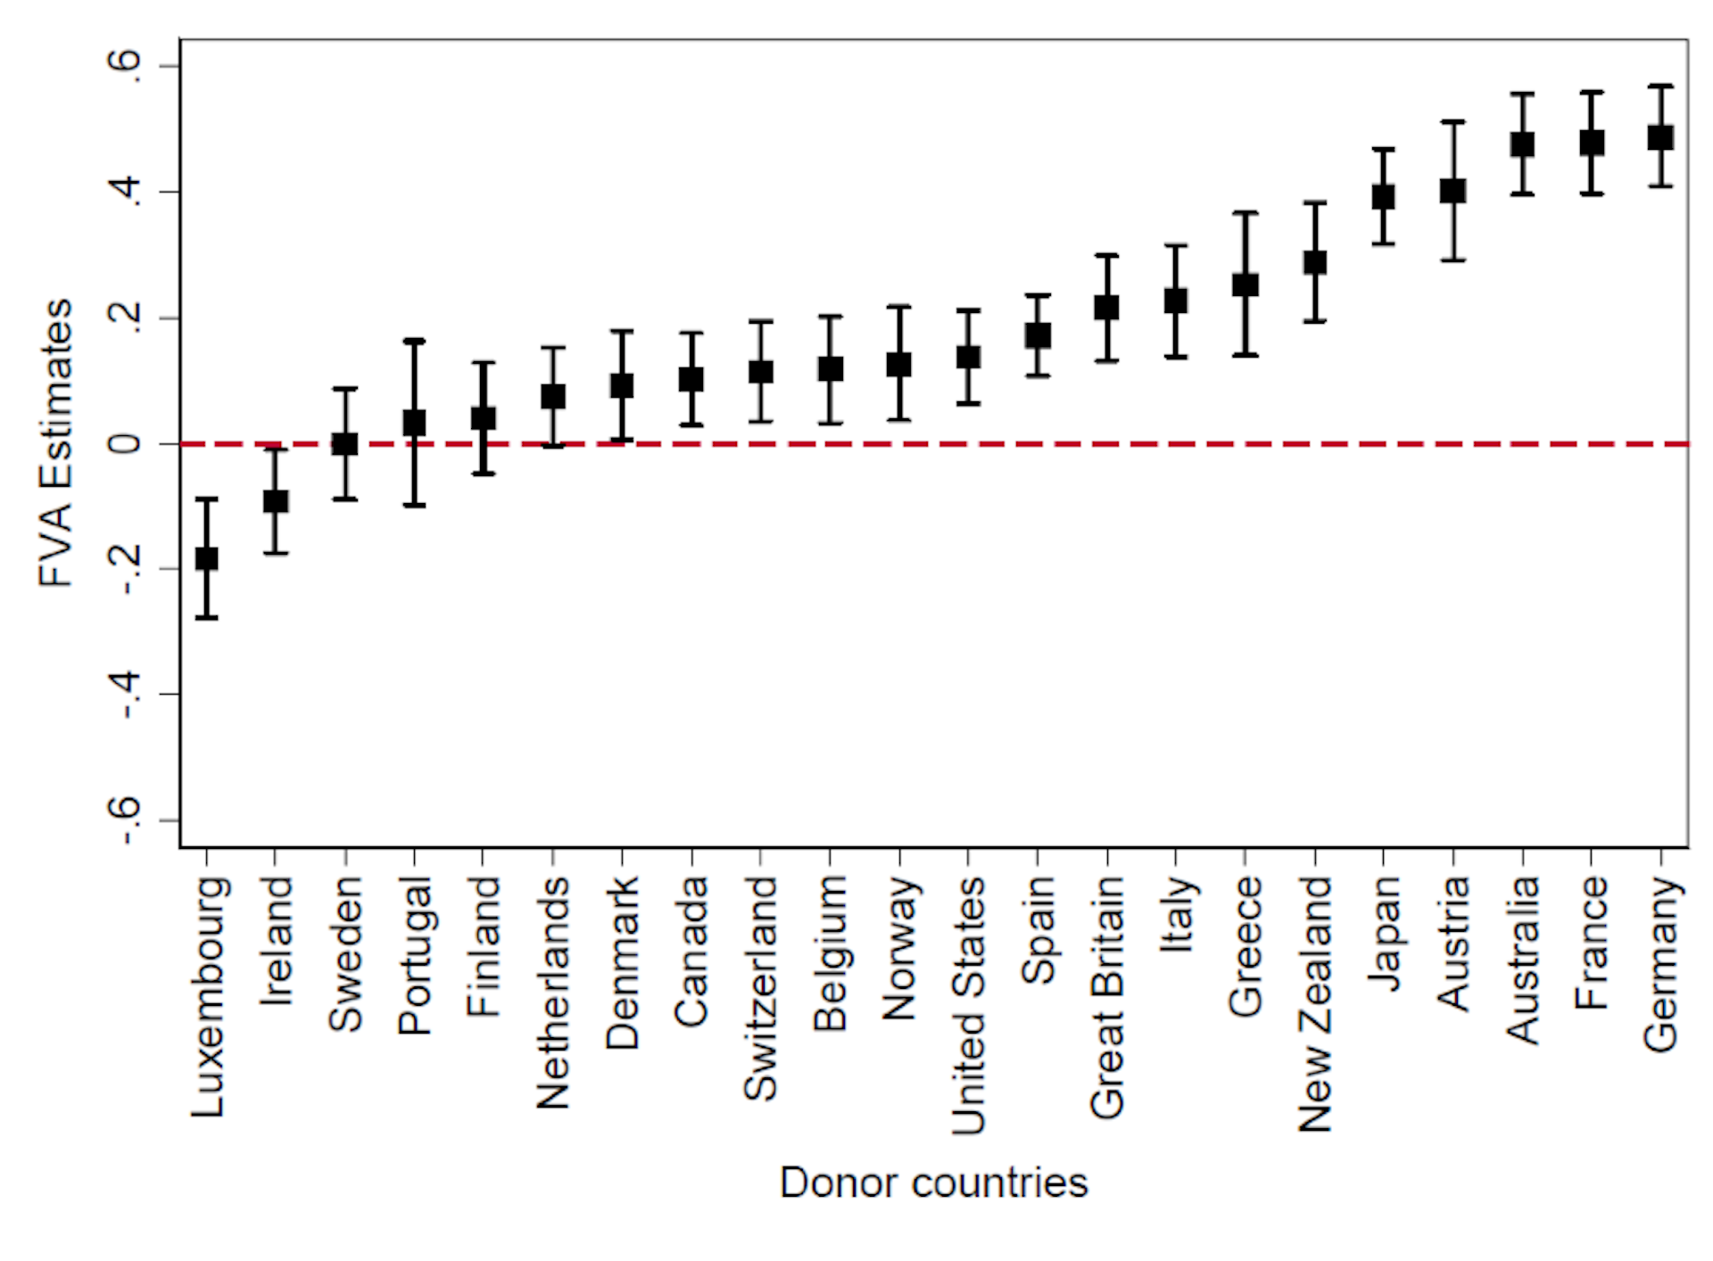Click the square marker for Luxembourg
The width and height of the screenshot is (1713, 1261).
pyautogui.click(x=206, y=559)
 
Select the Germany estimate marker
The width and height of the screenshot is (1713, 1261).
pyautogui.click(x=1660, y=137)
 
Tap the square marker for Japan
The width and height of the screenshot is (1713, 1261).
pyautogui.click(x=1383, y=197)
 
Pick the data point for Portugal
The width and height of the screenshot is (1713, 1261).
pyautogui.click(x=414, y=423)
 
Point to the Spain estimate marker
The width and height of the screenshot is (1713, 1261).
pyautogui.click(x=1038, y=336)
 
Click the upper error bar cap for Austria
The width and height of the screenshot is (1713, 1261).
pyautogui.click(x=1453, y=121)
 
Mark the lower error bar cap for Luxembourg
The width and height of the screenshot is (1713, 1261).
pyautogui.click(x=206, y=617)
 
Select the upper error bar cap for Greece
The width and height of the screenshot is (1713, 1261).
pyautogui.click(x=1245, y=213)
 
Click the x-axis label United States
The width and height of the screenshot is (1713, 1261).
pyautogui.click(x=969, y=1005)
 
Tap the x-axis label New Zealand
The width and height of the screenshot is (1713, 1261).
pyautogui.click(x=1315, y=1003)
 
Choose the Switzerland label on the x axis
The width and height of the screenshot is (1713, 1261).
pyautogui.click(x=761, y=988)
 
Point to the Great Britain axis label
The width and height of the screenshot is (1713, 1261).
pyautogui.click(x=1107, y=997)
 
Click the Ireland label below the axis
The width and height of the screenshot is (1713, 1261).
pyautogui.click(x=276, y=941)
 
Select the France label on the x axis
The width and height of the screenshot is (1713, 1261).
pyautogui.click(x=1592, y=943)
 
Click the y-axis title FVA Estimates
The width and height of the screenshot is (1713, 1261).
pyautogui.click(x=55, y=443)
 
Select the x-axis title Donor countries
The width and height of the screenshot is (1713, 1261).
pyautogui.click(x=933, y=1183)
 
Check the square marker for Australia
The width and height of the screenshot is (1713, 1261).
pyautogui.click(x=1522, y=144)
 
